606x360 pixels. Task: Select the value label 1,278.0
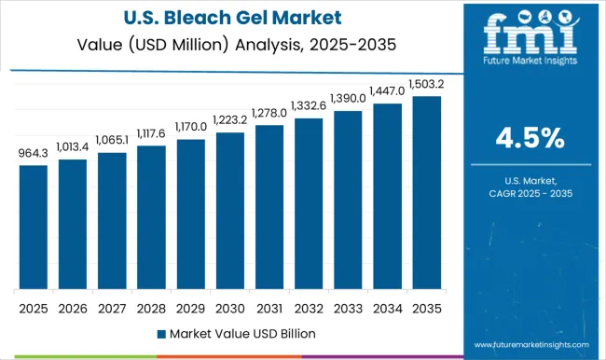(x=269, y=114)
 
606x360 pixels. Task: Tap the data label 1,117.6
(x=151, y=133)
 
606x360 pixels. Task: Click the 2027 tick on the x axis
(x=111, y=307)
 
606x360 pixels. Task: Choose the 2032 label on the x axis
(x=308, y=307)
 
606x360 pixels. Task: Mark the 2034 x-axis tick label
(x=387, y=307)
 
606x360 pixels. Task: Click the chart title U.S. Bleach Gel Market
(x=229, y=17)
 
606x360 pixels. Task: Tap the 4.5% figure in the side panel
(x=530, y=138)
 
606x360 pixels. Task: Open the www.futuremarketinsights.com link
(x=530, y=344)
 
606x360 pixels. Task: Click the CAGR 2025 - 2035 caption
(x=530, y=191)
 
